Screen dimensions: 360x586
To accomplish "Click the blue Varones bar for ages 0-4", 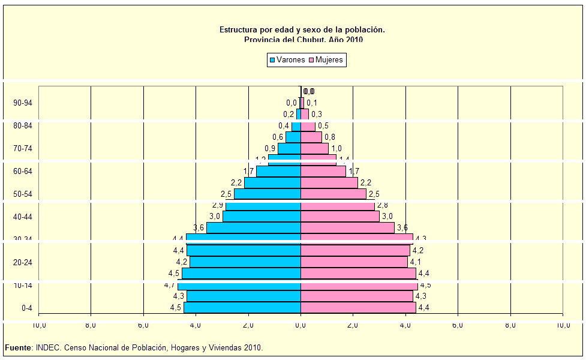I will click(x=242, y=307).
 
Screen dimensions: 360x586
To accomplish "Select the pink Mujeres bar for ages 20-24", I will click(x=354, y=262).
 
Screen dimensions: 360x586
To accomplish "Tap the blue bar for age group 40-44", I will click(x=262, y=217).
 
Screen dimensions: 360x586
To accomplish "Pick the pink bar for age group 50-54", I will click(x=333, y=194).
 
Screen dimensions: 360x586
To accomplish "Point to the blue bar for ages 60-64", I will click(x=278, y=172).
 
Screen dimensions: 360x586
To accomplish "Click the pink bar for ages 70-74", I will click(x=314, y=148).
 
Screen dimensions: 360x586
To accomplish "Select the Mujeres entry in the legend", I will click(x=326, y=60).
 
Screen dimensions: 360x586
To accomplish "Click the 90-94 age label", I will click(x=23, y=103).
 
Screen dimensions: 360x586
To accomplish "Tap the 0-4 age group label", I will click(x=27, y=308).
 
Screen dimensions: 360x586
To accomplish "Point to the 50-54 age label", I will click(x=23, y=194).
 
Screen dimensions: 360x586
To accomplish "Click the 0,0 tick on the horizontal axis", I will click(x=300, y=325).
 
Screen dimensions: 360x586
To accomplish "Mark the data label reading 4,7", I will click(x=170, y=285).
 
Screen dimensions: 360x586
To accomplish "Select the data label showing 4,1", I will click(x=416, y=262).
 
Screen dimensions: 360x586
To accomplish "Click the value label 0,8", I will click(x=330, y=137).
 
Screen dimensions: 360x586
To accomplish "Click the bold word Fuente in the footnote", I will click(x=18, y=347).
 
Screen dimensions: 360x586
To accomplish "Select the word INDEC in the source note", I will click(x=47, y=347).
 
